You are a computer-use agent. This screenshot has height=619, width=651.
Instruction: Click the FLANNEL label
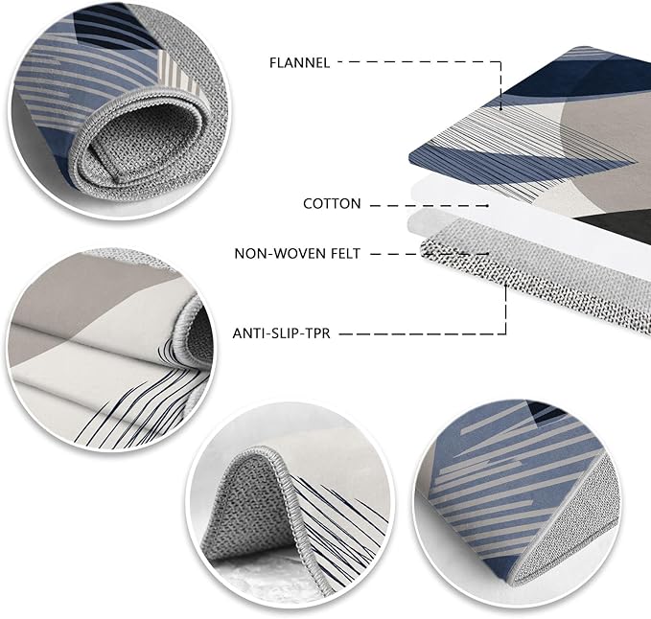[x=299, y=63]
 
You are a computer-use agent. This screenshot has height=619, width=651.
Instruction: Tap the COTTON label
[x=332, y=204]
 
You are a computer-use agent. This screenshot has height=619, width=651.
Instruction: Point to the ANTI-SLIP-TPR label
[x=281, y=333]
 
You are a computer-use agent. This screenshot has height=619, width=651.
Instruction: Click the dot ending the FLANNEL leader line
[x=500, y=109]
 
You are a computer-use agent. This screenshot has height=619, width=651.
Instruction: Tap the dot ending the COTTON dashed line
[x=487, y=205]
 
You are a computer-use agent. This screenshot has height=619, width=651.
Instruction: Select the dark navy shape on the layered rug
[x=581, y=79]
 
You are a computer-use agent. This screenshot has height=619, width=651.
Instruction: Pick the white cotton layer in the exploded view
[x=519, y=207]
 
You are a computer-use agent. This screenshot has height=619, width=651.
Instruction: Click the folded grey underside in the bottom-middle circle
[x=244, y=511]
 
